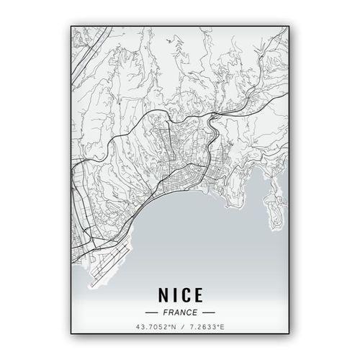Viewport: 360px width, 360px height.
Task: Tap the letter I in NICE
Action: [x=174, y=295]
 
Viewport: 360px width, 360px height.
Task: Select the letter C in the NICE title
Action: [x=186, y=295]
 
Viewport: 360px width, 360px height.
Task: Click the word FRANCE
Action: [x=180, y=314]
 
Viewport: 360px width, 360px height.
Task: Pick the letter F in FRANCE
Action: [x=166, y=314]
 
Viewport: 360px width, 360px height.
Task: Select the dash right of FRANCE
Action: [x=209, y=314]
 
